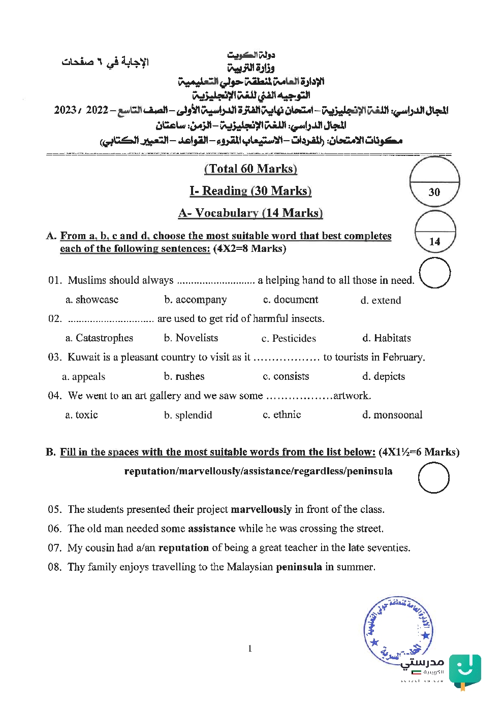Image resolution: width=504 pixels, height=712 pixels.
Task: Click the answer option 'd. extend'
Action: pos(381,300)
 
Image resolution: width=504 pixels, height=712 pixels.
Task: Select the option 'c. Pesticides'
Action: pos(289,338)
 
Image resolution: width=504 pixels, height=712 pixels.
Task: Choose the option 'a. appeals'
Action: pos(83,376)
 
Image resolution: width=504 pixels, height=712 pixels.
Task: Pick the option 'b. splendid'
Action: pos(188,415)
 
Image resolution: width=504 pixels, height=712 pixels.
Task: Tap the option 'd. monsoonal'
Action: pos(392,415)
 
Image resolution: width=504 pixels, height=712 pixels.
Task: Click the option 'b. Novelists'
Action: pos(191,338)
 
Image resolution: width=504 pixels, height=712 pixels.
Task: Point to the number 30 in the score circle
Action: pos(434,192)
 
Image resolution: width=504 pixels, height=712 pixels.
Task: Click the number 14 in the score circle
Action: pos(434,242)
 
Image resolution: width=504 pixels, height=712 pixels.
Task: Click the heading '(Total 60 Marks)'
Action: pos(250,169)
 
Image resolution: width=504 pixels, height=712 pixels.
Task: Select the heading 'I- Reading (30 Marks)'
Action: pos(250,191)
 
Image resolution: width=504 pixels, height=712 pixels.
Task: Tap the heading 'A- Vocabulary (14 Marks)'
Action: pos(250,213)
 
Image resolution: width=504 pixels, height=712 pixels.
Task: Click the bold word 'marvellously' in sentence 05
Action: pos(261,509)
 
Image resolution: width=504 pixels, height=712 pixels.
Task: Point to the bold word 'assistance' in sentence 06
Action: pos(211,529)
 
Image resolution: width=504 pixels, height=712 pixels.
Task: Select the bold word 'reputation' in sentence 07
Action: pos(183,548)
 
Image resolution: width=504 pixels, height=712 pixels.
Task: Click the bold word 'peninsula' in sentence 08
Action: pos(299,567)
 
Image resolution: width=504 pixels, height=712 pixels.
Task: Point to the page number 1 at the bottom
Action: pos(250,649)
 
